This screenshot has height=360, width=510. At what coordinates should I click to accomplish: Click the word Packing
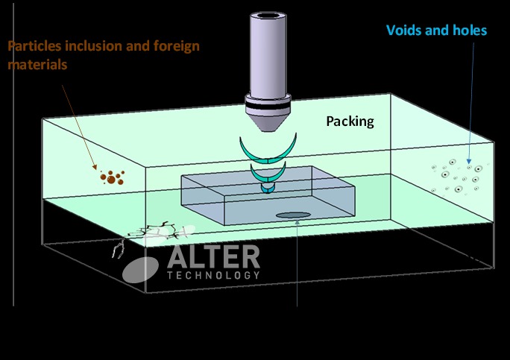pos(350,121)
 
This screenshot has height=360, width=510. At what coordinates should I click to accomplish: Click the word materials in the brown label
pos(37,65)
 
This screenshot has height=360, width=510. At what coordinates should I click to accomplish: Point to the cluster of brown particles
pos(112,177)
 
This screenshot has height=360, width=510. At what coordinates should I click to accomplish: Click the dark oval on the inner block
pos(293,216)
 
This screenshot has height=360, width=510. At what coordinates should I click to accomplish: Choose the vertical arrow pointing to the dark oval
pos(297,261)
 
